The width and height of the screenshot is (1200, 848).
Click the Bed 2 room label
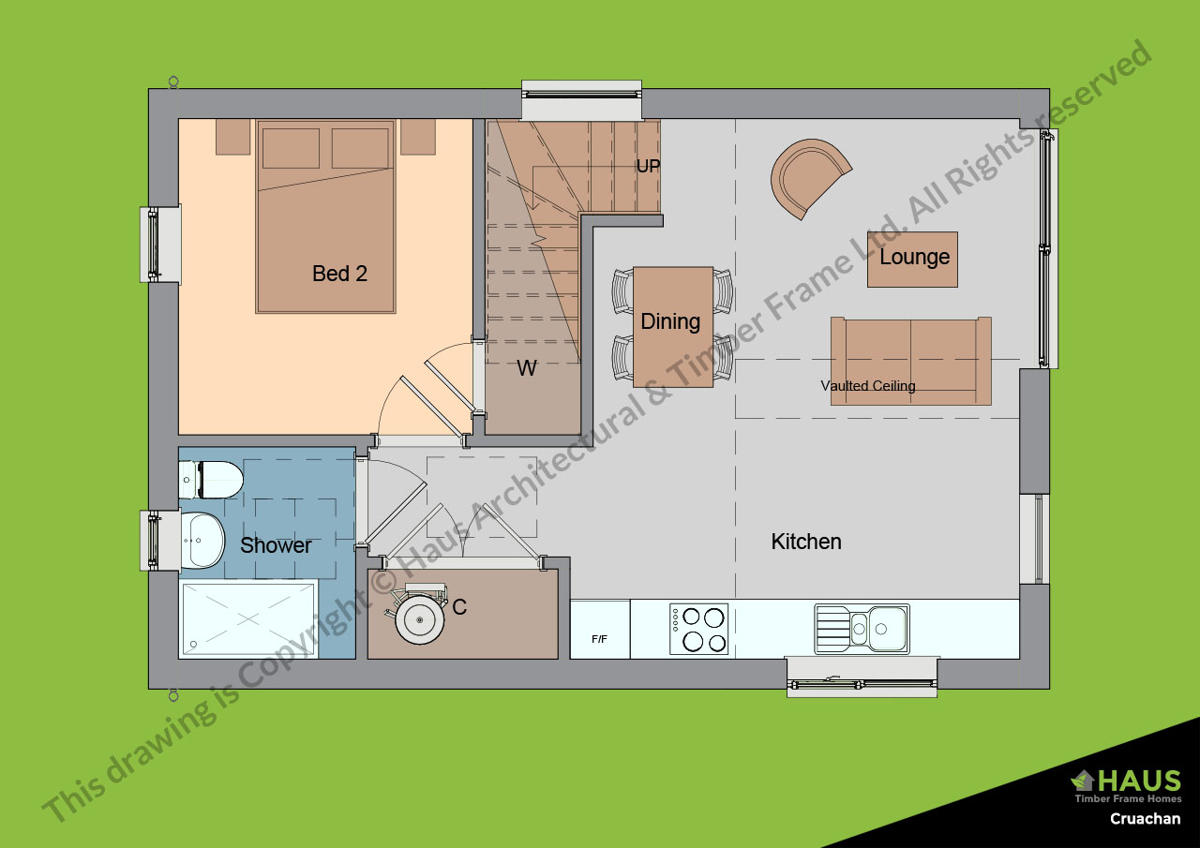click(339, 274)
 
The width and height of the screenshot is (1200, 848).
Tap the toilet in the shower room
click(211, 480)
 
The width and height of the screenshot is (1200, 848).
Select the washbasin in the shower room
click(202, 540)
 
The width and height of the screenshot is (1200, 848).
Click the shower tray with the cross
click(248, 619)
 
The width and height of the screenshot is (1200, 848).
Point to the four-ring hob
click(698, 629)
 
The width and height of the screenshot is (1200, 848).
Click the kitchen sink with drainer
click(862, 629)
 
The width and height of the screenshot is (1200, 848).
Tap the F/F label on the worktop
click(599, 639)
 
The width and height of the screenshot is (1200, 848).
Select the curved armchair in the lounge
click(807, 178)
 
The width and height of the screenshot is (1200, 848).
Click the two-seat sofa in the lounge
click(910, 361)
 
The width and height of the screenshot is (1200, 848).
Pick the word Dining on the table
click(670, 321)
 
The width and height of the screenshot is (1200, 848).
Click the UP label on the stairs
click(648, 167)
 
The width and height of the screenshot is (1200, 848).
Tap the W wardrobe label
click(527, 368)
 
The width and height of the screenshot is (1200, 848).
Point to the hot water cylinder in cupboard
click(419, 620)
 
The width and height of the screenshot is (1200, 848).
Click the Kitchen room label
click(806, 542)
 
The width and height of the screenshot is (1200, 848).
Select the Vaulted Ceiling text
click(868, 385)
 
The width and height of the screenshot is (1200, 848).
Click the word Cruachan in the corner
click(1146, 819)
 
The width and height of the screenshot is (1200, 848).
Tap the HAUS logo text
click(1139, 781)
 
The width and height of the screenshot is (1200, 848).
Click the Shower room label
click(276, 545)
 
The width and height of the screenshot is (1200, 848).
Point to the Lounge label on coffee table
click(914, 257)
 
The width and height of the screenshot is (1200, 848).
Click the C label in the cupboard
click(459, 607)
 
